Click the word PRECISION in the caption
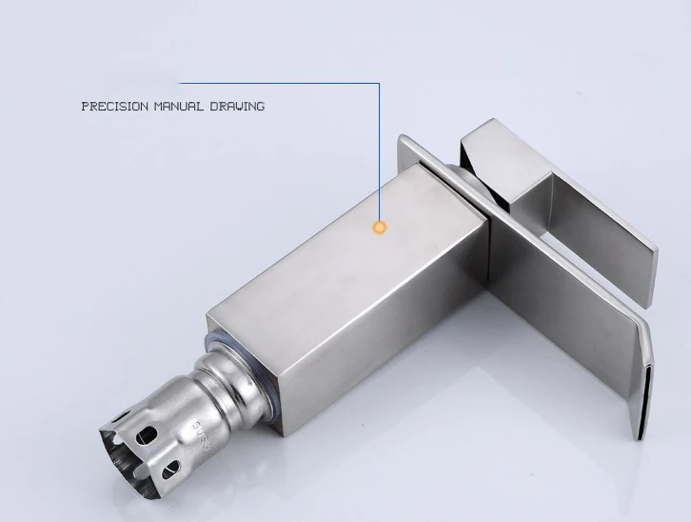115,107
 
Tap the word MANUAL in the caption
179,107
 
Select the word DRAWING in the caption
237,107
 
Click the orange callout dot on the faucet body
380,228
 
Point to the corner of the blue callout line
379,83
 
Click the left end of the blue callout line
178,83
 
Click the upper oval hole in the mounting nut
147,435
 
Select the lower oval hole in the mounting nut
171,470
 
